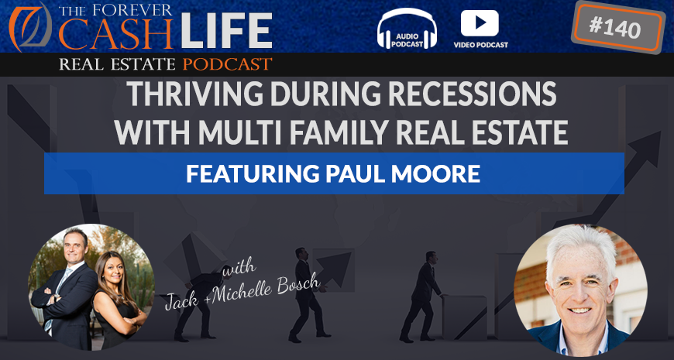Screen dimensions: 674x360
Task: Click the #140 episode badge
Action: [617, 27]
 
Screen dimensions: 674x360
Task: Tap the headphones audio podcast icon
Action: [407, 29]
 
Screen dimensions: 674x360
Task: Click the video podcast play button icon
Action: [480, 23]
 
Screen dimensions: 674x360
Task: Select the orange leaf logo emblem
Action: [30, 26]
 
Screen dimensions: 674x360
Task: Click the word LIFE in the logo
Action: [226, 30]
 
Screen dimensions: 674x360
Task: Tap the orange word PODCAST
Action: [228, 64]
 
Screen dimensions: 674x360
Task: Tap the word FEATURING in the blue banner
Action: [253, 173]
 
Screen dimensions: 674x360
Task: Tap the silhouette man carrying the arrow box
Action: [306, 295]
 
